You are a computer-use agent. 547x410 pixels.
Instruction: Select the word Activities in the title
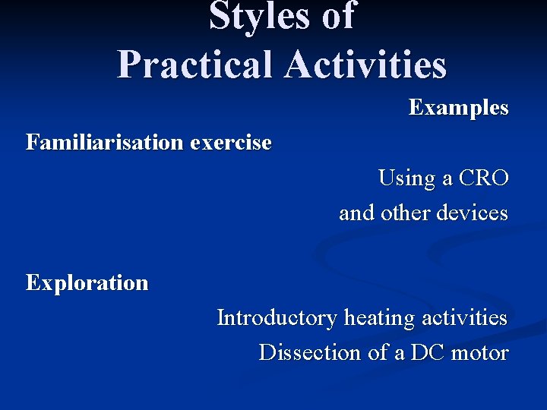[366, 64]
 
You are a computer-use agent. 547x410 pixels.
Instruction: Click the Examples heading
[458, 108]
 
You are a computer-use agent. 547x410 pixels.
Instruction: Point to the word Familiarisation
[105, 142]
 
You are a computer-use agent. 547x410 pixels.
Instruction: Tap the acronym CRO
[484, 178]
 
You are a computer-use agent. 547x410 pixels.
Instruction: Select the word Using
[406, 178]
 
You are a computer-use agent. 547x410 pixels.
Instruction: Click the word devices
[472, 213]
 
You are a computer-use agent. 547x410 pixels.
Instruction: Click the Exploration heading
[87, 283]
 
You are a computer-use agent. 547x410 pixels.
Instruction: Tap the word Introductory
[277, 317]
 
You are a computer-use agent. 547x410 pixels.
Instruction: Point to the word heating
[378, 318]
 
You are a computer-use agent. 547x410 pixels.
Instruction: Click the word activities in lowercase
[462, 317]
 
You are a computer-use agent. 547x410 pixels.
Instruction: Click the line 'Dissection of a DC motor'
[383, 353]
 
